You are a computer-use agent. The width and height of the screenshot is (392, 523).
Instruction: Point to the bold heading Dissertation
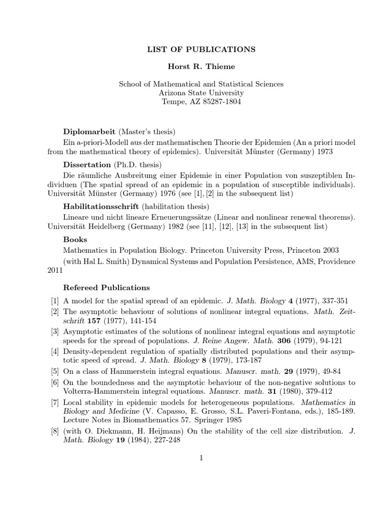[x=87, y=164]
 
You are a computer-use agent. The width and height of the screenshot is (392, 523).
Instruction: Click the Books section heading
[x=75, y=239]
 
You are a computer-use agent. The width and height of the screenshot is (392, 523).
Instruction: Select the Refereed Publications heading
[x=106, y=288]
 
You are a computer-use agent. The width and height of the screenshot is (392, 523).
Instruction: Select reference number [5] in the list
[x=56, y=372]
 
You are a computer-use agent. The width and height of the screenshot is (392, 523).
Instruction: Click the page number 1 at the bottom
[x=202, y=458]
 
